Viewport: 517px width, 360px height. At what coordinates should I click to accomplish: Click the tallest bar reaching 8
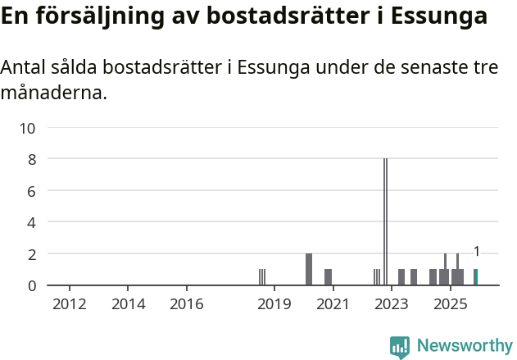(385, 221)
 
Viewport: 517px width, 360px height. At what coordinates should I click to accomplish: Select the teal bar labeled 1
(476, 277)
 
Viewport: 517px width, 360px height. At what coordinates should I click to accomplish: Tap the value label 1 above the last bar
(476, 252)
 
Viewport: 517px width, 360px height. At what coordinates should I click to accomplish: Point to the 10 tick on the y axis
(28, 128)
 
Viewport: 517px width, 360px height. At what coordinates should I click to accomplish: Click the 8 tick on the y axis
(31, 159)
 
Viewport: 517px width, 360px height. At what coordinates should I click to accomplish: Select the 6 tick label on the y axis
(31, 191)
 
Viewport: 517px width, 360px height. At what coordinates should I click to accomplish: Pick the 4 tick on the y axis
(31, 222)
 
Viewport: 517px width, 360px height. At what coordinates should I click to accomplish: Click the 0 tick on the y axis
(31, 285)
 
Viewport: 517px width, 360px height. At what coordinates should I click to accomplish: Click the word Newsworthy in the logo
(465, 346)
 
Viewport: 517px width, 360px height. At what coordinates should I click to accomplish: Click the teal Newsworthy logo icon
(400, 347)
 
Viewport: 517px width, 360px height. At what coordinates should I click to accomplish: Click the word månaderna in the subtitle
(54, 93)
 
